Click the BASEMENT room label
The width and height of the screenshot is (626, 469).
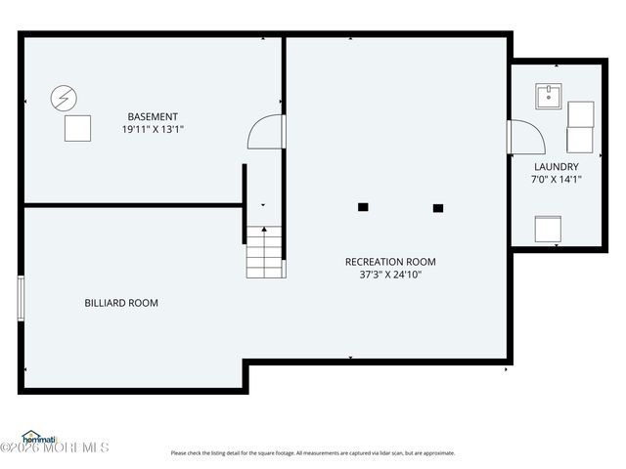coord(152,116)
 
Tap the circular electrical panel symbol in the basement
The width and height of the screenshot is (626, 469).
coord(64,98)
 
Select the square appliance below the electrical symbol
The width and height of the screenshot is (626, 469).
coord(77,128)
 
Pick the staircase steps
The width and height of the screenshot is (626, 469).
coord(264,252)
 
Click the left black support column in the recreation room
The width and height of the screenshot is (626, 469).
coord(362,207)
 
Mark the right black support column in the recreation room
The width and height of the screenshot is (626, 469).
coord(437,207)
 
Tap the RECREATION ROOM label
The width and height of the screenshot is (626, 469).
coord(390,262)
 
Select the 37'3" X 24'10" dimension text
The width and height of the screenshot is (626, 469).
coord(390,275)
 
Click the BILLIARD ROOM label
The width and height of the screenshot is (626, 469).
coord(121,303)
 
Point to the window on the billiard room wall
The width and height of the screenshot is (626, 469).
coord(21,298)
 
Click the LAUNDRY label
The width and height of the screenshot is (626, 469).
coord(556,167)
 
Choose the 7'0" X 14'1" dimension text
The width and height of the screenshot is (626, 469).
coord(556,180)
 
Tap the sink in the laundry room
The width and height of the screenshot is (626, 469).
coord(548,97)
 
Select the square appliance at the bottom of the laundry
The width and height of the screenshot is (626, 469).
coord(548,229)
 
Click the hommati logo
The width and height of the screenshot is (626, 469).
coord(39,438)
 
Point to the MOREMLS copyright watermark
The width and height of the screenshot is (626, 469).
coord(55,448)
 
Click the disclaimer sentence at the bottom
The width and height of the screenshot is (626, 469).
coord(313,452)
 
